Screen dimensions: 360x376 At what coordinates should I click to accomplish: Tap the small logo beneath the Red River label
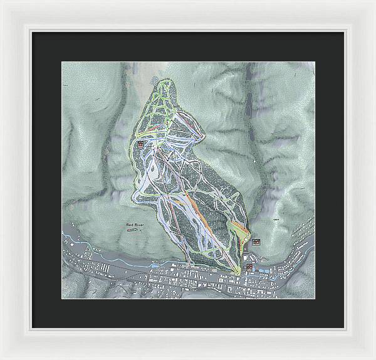point(133,230)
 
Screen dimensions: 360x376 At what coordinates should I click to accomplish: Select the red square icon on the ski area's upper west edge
point(140,144)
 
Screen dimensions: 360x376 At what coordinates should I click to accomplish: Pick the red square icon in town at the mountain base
point(250,267)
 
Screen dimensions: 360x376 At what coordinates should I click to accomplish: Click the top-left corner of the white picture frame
point(1,1)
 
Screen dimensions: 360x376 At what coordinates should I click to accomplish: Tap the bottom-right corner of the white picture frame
point(374,358)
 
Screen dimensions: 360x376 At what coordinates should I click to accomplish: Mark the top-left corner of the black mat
point(32,31)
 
